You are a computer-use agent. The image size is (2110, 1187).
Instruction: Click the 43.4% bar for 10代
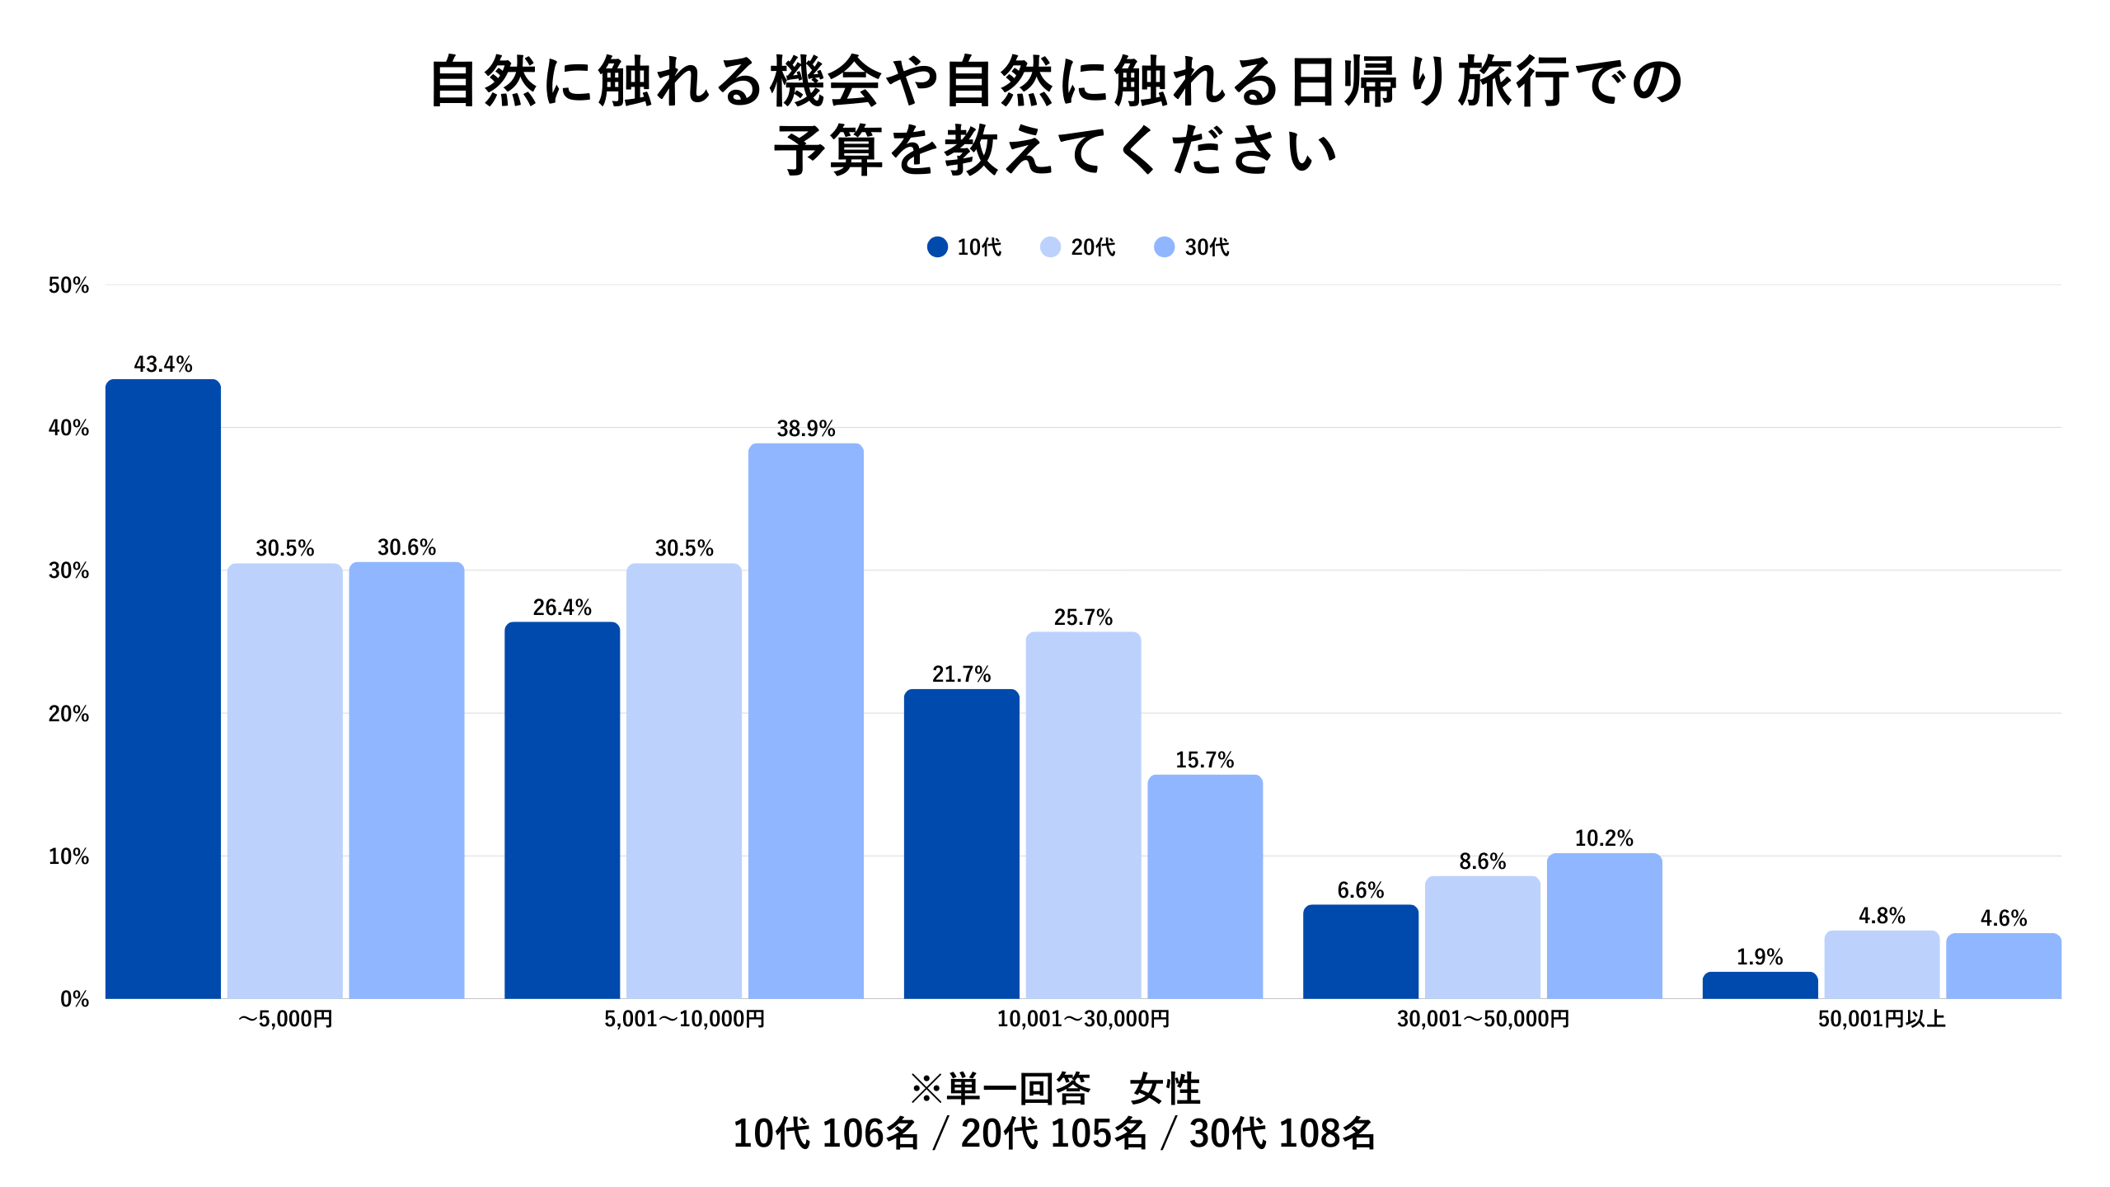(x=163, y=688)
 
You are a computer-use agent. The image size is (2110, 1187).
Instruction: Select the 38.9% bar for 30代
(x=805, y=720)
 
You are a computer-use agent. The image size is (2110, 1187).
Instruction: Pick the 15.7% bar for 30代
(x=1205, y=886)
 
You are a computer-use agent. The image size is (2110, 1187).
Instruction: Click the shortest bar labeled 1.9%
(x=1760, y=985)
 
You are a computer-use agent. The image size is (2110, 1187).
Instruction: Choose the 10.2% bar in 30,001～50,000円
(x=1604, y=926)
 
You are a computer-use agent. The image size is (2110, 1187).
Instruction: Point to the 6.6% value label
(x=1360, y=890)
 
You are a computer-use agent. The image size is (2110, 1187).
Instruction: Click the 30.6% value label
(x=406, y=547)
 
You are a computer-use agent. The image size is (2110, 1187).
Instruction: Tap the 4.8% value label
(x=1882, y=916)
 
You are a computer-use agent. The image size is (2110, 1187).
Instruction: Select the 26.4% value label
(x=562, y=608)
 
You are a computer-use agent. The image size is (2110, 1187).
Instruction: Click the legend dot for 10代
(x=937, y=247)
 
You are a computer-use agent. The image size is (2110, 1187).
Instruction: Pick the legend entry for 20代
(x=1079, y=247)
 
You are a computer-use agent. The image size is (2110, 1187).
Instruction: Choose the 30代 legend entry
(x=1193, y=247)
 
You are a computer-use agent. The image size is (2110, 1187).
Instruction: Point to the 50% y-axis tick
(x=68, y=286)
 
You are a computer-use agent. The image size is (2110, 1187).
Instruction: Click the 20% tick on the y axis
(x=68, y=714)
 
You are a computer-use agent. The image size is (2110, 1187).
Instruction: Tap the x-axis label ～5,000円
(x=285, y=1020)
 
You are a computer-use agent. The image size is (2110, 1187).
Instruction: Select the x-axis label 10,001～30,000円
(x=1083, y=1020)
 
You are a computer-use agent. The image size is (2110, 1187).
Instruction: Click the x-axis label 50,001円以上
(x=1882, y=1020)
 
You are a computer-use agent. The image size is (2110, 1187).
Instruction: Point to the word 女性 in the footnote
(x=1165, y=1090)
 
